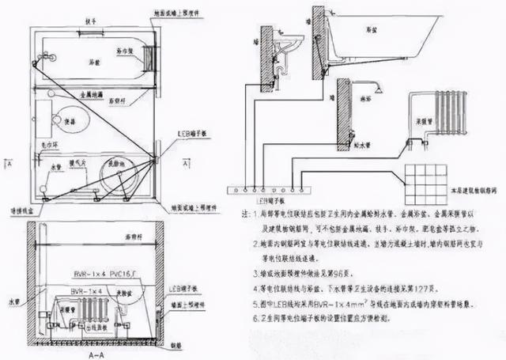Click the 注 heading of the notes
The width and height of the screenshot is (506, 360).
click(x=253, y=214)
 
